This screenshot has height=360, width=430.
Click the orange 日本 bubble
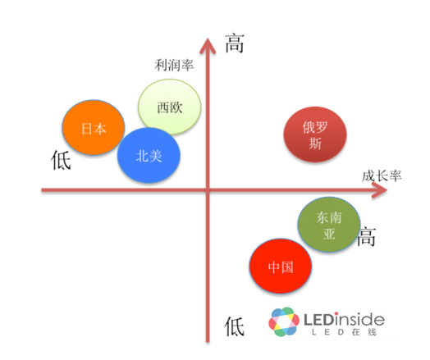[x=94, y=128]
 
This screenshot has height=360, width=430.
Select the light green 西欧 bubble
[x=170, y=107]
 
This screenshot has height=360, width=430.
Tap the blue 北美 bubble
[x=149, y=156]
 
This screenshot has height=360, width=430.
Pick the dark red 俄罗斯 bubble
[x=315, y=134]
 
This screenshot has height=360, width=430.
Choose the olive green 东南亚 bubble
[x=329, y=225]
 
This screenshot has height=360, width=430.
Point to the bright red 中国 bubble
[x=281, y=267]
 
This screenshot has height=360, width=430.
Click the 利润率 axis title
[x=174, y=66]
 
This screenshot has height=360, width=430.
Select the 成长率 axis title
[x=382, y=175]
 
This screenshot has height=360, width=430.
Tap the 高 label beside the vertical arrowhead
[x=235, y=43]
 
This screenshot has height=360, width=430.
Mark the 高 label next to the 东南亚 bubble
[x=366, y=236]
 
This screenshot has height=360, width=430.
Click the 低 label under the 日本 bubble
[x=61, y=160]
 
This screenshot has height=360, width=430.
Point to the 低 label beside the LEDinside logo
[x=234, y=326]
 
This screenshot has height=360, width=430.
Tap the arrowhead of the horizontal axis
[x=380, y=189]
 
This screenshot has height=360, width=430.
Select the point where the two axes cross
[x=208, y=189]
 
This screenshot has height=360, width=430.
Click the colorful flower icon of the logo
[x=284, y=321]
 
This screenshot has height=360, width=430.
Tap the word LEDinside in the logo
[x=344, y=319]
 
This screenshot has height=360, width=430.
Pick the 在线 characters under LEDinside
[x=364, y=332]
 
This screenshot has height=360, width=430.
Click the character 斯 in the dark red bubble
[x=315, y=144]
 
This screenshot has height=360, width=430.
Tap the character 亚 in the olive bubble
[x=329, y=234]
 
